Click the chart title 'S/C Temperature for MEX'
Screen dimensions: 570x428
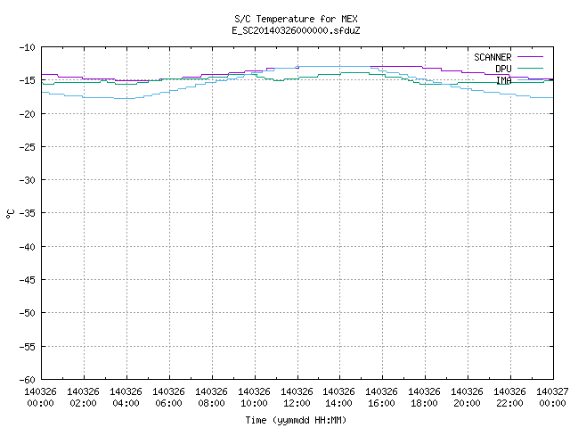pos(296,19)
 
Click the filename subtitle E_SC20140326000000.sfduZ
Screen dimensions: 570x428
pos(296,30)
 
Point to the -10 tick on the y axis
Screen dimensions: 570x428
pos(28,47)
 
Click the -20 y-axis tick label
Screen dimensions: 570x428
pos(28,114)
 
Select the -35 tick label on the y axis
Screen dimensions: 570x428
pos(28,213)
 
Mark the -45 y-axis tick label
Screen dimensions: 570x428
pos(28,280)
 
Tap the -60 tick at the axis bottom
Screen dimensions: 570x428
pos(28,380)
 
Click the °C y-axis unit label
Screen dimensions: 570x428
pos(10,214)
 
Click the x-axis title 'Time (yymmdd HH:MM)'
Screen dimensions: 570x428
pos(296,420)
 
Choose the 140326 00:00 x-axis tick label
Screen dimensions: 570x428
pos(40,397)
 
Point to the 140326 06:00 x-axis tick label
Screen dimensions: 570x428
pos(168,397)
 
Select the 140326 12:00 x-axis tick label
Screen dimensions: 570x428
pos(297,397)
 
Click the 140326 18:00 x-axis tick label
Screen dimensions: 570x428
pos(424,397)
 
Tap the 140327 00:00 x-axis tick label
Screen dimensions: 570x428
pos(552,397)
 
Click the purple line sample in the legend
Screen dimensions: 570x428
pos(530,57)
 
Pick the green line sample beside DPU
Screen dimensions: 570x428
pos(530,68)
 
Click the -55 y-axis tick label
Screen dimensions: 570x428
pos(28,347)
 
